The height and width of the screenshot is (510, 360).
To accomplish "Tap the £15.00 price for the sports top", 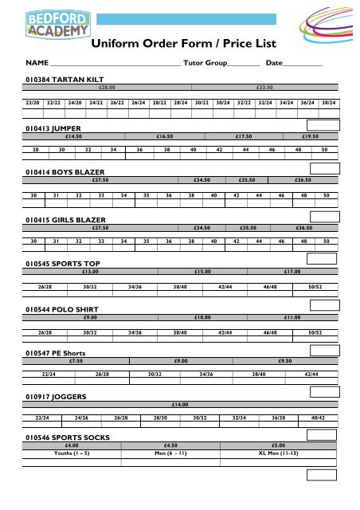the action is (202, 271).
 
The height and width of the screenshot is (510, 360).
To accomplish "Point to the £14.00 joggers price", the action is (179, 405).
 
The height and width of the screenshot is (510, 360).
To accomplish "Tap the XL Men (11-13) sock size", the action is (292, 452).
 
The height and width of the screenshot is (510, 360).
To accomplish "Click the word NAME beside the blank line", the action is (37, 62).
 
